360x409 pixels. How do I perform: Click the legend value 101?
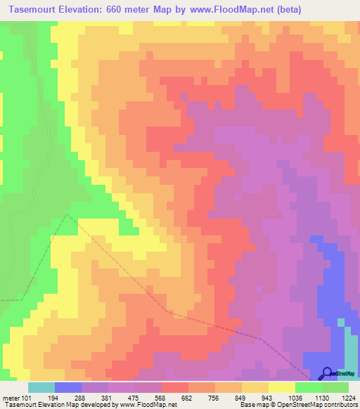(x=27, y=398)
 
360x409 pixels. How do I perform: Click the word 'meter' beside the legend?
(x=11, y=398)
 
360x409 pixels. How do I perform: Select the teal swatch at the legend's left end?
(x=41, y=387)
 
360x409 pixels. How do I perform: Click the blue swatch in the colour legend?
(x=67, y=387)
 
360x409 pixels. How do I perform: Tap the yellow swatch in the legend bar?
(x=281, y=387)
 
